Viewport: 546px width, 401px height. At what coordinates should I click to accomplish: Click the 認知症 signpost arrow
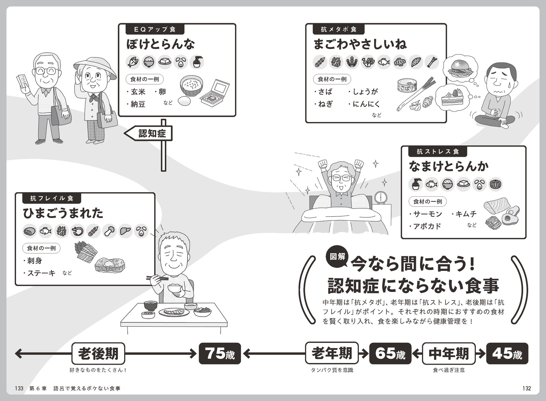[x=149, y=134]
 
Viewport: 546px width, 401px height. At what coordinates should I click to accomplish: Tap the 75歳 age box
[x=220, y=353]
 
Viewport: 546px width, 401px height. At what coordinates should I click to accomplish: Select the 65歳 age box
[x=390, y=353]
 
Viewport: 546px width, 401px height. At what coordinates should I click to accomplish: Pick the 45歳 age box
[x=507, y=353]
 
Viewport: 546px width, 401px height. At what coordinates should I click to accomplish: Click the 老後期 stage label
[x=98, y=353]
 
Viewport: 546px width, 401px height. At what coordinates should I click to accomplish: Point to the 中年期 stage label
[x=449, y=353]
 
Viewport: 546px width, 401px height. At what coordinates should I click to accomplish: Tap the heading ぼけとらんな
[x=161, y=44]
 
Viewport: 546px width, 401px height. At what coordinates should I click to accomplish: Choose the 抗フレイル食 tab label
[x=52, y=198]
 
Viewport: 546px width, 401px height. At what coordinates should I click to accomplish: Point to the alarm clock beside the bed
[x=381, y=198]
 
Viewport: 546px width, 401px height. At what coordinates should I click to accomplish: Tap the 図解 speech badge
[x=338, y=256]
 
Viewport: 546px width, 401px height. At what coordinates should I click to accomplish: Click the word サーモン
[x=427, y=214]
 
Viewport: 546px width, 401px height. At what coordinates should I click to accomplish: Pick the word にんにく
[x=366, y=104]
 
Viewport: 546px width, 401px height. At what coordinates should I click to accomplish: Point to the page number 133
[x=19, y=388]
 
